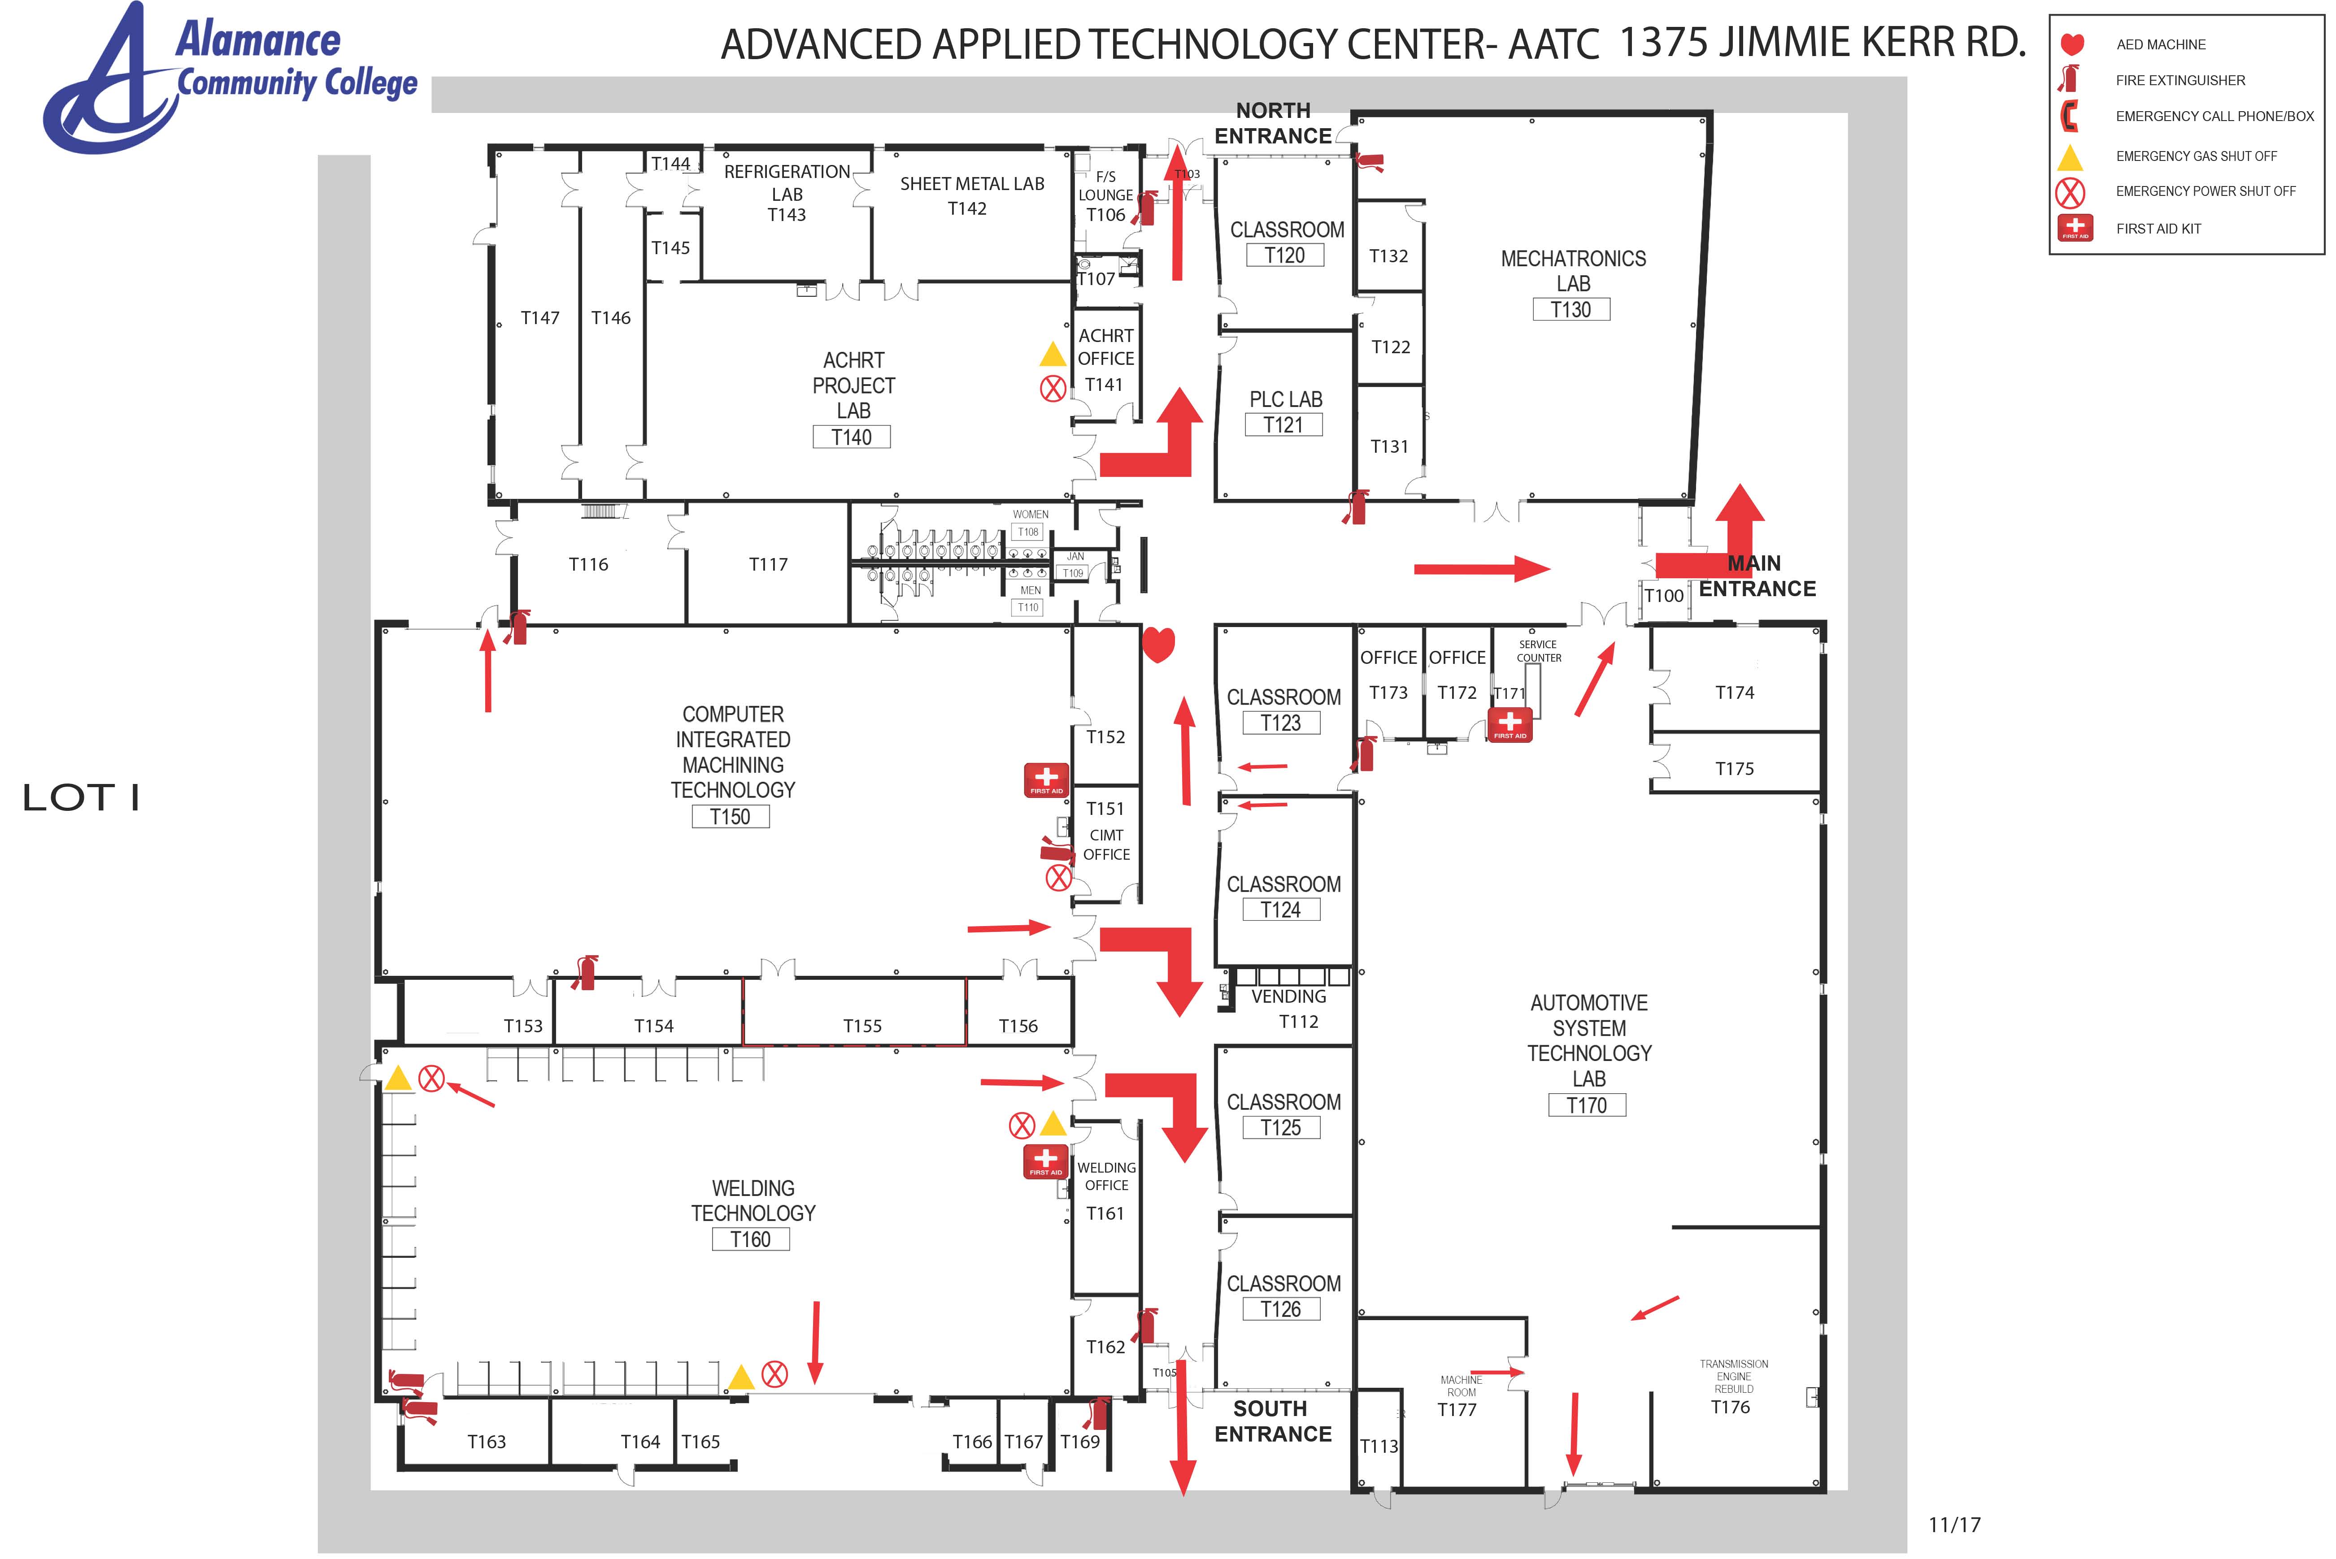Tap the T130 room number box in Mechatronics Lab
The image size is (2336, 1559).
pyautogui.click(x=1571, y=309)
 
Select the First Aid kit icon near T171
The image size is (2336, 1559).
pyautogui.click(x=1509, y=725)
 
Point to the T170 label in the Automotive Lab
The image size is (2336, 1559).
pyautogui.click(x=1587, y=1104)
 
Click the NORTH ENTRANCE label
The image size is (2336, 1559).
pyautogui.click(x=1273, y=123)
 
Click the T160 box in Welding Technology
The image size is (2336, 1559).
pyautogui.click(x=751, y=1239)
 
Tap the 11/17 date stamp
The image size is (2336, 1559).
pyautogui.click(x=1954, y=1524)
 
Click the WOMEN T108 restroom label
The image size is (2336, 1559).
pyautogui.click(x=1029, y=523)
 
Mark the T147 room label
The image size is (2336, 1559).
pyautogui.click(x=540, y=317)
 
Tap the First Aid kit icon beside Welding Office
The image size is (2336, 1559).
pyautogui.click(x=1045, y=1161)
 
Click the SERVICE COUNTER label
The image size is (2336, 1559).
pyautogui.click(x=1539, y=651)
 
